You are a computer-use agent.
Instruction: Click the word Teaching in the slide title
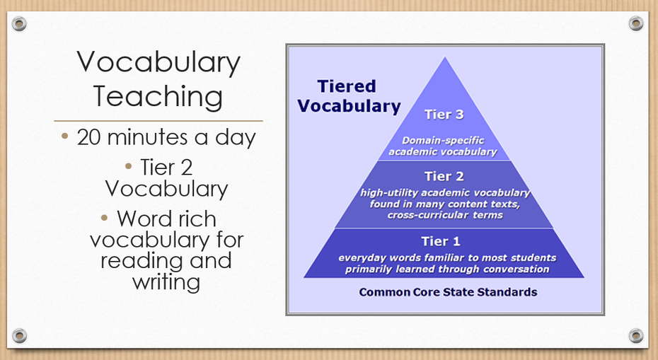click(x=158, y=97)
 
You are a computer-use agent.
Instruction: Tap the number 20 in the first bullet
click(x=88, y=138)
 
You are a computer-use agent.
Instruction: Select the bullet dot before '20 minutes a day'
click(x=64, y=136)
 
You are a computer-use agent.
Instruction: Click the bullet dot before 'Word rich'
click(x=105, y=217)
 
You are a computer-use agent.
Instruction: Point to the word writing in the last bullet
click(x=166, y=281)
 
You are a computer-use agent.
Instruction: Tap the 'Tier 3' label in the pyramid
click(x=444, y=115)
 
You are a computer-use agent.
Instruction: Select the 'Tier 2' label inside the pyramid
click(x=444, y=176)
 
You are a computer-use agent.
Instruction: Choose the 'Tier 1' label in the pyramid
click(x=441, y=241)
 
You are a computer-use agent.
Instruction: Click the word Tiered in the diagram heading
click(x=347, y=86)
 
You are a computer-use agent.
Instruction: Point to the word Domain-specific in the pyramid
click(x=443, y=141)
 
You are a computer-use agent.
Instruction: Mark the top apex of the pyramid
click(x=445, y=57)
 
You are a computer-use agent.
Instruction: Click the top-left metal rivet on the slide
click(x=19, y=23)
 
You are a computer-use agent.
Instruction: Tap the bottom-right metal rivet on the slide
click(x=636, y=336)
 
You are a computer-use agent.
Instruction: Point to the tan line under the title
click(x=158, y=121)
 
